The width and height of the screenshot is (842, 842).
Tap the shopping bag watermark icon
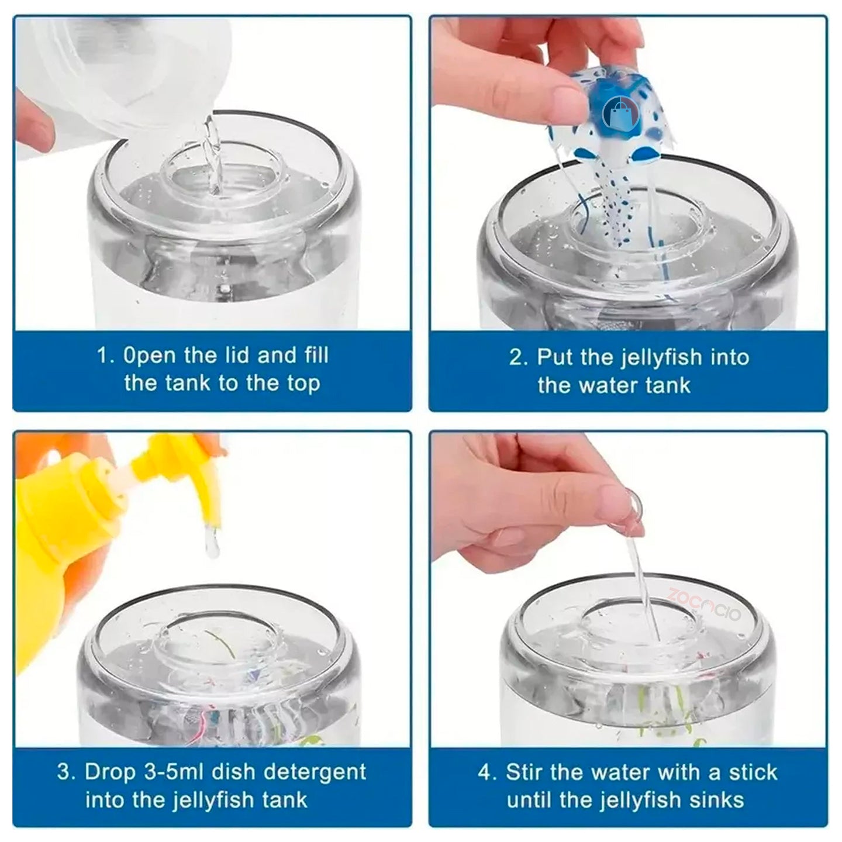click(x=620, y=113)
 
